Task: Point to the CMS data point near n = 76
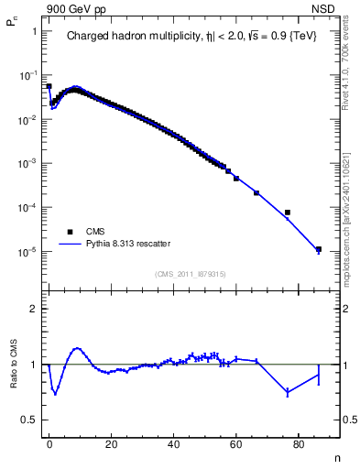pyautogui.click(x=288, y=213)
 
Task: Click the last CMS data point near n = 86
pyautogui.click(x=319, y=249)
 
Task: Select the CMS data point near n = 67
pyautogui.click(x=256, y=193)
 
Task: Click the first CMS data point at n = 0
pyautogui.click(x=49, y=86)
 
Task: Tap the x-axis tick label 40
pyautogui.click(x=173, y=443)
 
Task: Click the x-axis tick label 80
pyautogui.click(x=299, y=443)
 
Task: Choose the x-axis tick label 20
pyautogui.click(x=111, y=443)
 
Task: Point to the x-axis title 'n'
pyautogui.click(x=337, y=455)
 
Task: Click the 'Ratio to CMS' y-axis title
pyautogui.click(x=14, y=378)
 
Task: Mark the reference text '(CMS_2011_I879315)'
pyautogui.click(x=191, y=274)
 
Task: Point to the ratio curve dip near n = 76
pyautogui.click(x=288, y=392)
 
